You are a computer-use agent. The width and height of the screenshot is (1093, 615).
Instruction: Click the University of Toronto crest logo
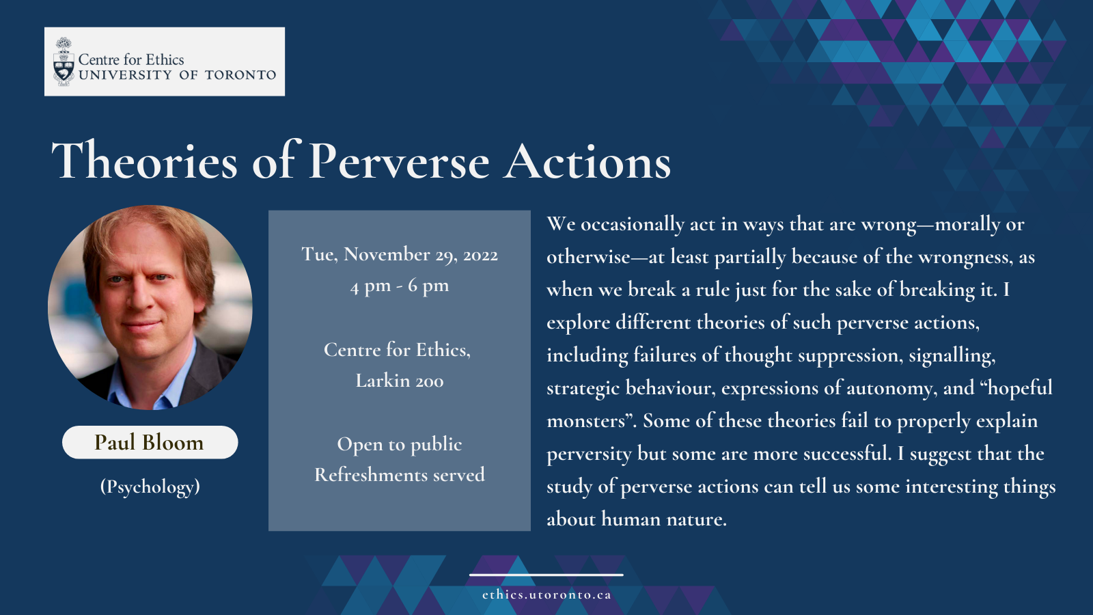click(x=64, y=61)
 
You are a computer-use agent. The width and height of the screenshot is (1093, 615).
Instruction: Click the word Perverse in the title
click(x=399, y=161)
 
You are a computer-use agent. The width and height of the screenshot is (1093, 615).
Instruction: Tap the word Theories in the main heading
click(x=144, y=161)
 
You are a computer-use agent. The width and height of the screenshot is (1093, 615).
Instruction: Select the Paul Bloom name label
click(x=150, y=442)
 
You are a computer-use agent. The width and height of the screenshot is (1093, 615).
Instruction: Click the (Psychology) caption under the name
click(x=150, y=487)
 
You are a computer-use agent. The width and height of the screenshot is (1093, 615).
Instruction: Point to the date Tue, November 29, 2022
click(x=400, y=254)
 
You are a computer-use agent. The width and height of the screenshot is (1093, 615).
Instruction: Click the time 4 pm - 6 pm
click(x=400, y=286)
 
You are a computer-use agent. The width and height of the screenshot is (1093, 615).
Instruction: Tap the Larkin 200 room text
click(x=400, y=381)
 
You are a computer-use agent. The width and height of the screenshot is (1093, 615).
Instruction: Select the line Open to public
click(x=400, y=445)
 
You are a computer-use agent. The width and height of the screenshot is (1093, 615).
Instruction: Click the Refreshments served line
click(x=400, y=475)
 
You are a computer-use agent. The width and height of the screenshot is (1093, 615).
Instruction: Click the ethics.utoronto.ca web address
click(x=546, y=595)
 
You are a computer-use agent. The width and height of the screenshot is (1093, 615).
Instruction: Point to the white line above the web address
click(x=546, y=575)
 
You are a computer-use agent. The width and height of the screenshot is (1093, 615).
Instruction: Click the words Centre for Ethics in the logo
click(x=130, y=59)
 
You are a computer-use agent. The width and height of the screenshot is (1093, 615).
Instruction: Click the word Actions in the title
click(x=587, y=161)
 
